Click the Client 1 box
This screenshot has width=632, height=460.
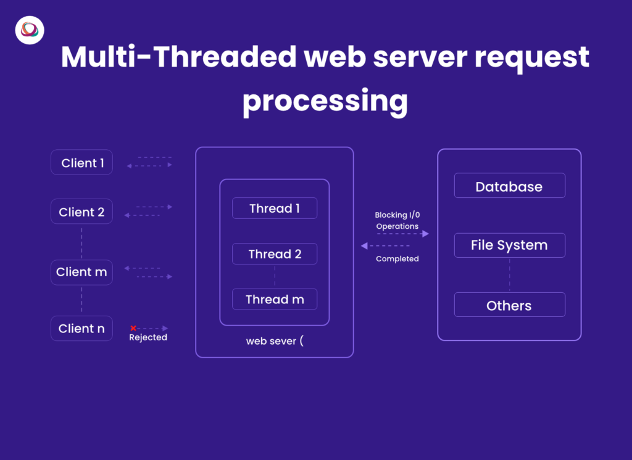point(81,162)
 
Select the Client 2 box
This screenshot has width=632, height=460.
point(81,212)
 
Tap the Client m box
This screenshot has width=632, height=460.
point(81,273)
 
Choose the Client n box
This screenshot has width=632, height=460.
point(81,328)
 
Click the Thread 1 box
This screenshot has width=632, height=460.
point(275,208)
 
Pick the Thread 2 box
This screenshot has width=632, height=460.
point(275,254)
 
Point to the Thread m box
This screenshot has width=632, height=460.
point(275,299)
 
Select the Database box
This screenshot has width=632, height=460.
point(509,185)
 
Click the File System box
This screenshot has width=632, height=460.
point(509,245)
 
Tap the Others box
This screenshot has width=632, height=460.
point(509,305)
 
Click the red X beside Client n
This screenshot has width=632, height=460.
point(133,328)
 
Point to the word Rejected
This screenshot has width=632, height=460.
point(148,337)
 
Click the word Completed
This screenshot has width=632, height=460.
point(397,259)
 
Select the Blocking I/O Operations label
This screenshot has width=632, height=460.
point(397,220)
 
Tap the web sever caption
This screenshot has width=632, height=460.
point(275,341)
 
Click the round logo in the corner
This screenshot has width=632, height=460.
point(30,30)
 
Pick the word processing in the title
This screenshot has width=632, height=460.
point(325,101)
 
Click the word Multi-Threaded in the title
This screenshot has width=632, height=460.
point(179,57)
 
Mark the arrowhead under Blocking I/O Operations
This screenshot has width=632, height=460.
point(426,234)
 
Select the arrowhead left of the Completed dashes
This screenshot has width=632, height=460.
point(364,245)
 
